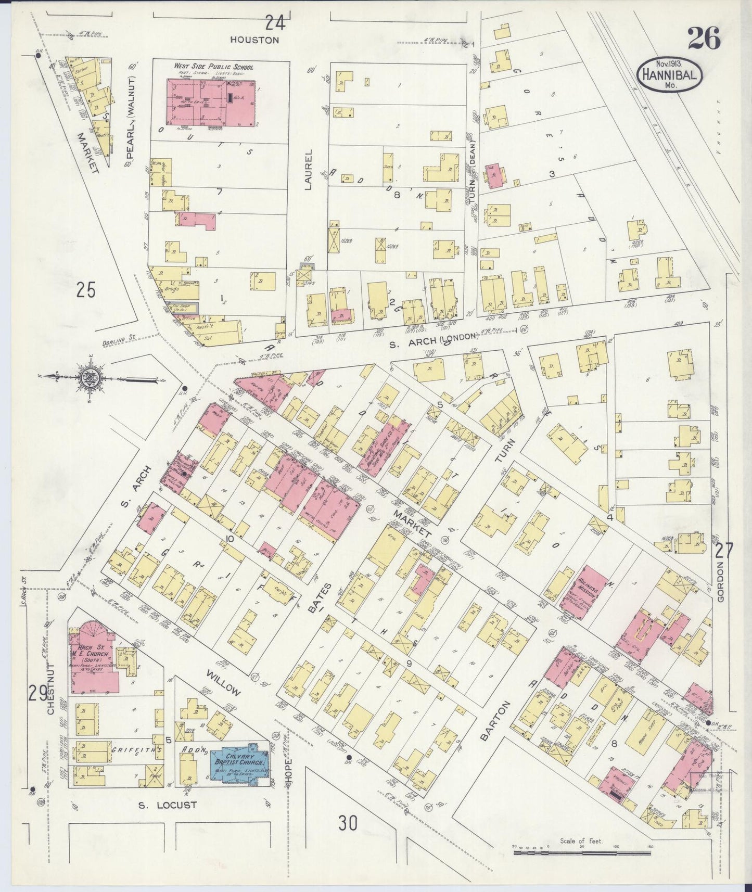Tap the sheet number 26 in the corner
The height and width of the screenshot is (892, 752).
pyautogui.click(x=704, y=38)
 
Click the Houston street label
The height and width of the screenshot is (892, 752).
pyautogui.click(x=255, y=40)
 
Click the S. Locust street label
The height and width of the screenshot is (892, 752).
pyautogui.click(x=168, y=805)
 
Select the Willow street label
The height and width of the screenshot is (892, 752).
pyautogui.click(x=224, y=683)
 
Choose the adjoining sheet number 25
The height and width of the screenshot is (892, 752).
pyautogui.click(x=86, y=290)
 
